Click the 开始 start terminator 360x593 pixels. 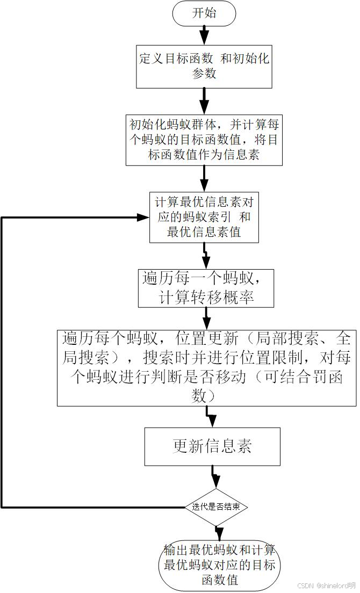click(204, 13)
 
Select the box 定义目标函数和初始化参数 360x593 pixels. click(204, 67)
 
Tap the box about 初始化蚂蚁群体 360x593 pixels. click(204, 140)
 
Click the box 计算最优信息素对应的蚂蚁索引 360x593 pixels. click(204, 218)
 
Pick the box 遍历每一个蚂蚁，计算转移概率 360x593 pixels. click(206, 288)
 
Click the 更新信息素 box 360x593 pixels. click(212, 447)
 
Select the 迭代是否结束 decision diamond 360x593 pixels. click(216, 507)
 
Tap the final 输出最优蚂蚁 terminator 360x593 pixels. click(219, 565)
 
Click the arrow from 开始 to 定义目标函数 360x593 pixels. click(204, 36)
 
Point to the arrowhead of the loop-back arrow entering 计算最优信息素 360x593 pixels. click(143, 218)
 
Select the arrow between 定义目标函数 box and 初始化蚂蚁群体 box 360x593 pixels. click(204, 102)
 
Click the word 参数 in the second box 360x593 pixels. click(204, 74)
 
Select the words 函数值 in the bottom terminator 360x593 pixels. click(219, 580)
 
